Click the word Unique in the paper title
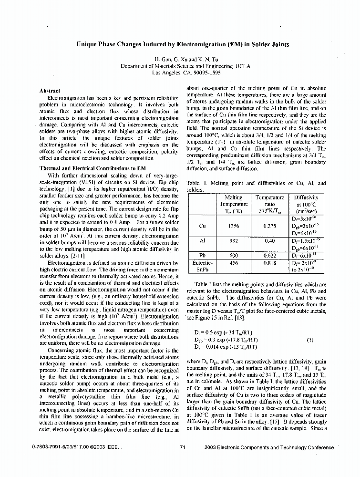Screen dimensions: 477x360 [x=88, y=44]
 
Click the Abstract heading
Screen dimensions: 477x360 [x=50, y=91]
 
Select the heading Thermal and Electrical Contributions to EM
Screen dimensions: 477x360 [x=85, y=168]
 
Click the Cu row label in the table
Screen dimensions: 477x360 [x=202, y=226]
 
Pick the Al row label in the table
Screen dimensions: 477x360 [x=202, y=241]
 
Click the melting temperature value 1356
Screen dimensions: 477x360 [x=234, y=226]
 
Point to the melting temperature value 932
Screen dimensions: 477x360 [x=234, y=241]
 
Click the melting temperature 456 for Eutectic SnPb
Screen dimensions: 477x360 [x=234, y=262]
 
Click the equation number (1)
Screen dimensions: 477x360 [x=310, y=340]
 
